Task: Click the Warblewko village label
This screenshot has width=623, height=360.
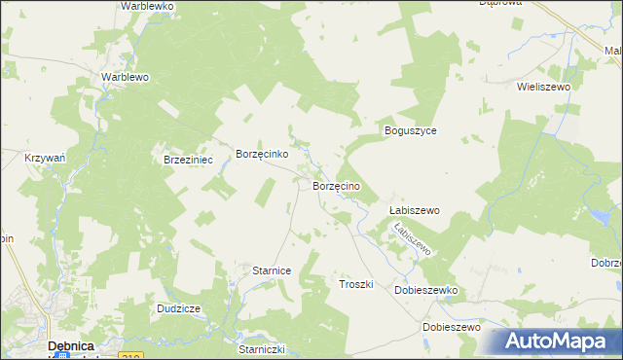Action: (x=147, y=6)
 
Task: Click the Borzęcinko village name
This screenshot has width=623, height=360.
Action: (x=261, y=154)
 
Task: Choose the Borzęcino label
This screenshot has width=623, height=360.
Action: (x=337, y=185)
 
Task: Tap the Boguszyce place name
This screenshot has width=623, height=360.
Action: (x=410, y=130)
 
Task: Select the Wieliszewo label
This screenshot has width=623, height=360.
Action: (x=543, y=86)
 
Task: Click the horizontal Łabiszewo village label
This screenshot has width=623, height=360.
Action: (x=414, y=210)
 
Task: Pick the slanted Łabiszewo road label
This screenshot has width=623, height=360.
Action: (x=412, y=238)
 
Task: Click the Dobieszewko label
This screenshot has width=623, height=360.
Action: (x=425, y=290)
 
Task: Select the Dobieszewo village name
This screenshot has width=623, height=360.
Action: (x=452, y=327)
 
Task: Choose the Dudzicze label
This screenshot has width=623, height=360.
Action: (x=178, y=308)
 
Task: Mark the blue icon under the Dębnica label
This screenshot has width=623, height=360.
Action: (x=61, y=356)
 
